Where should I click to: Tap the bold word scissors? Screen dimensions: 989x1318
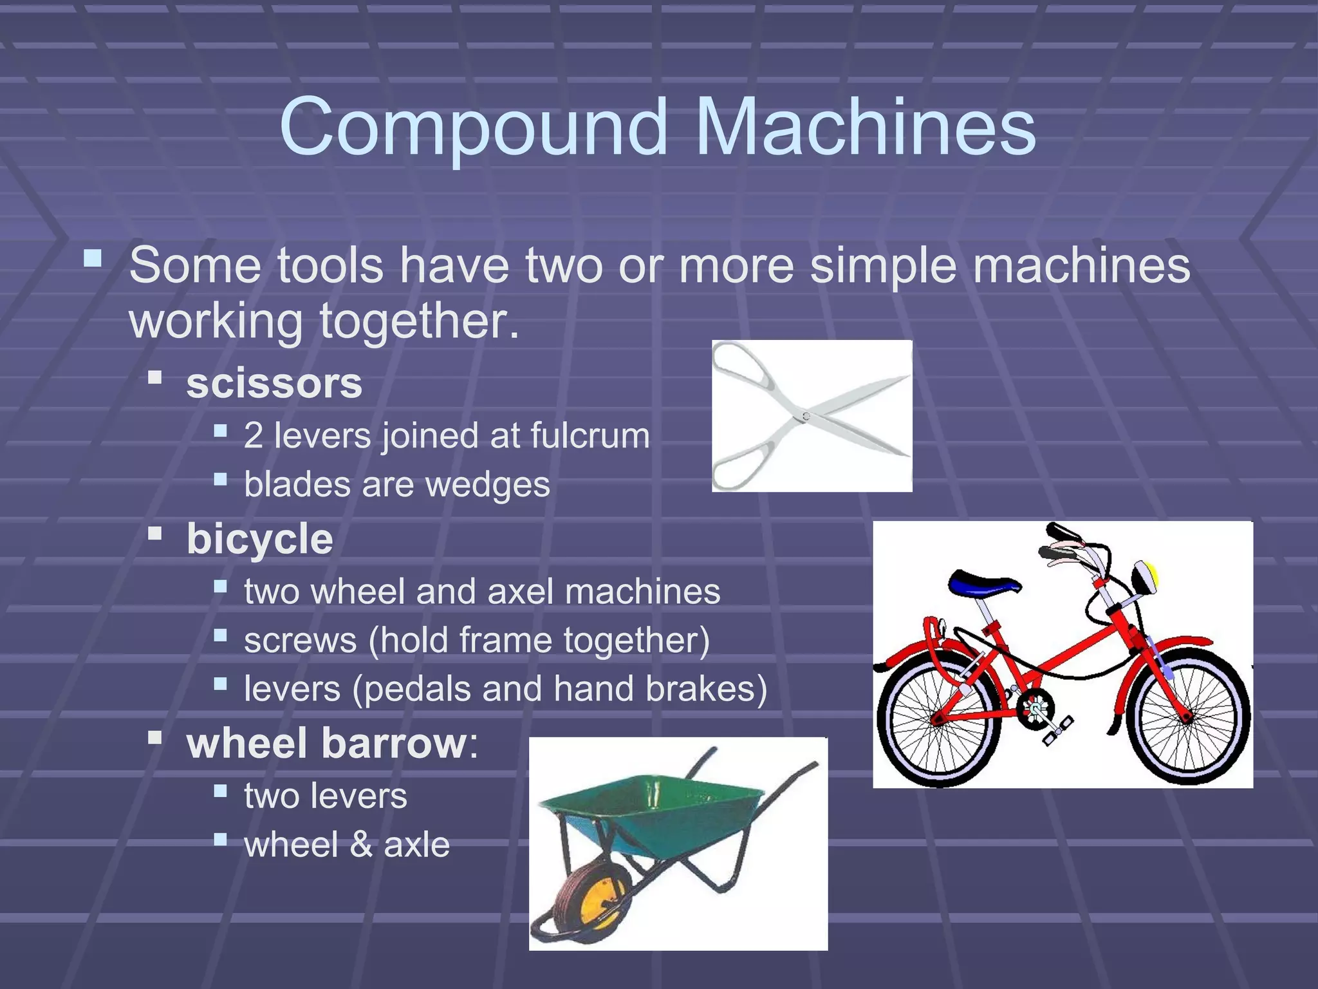click(274, 384)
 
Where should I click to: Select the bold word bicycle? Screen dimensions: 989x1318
click(259, 540)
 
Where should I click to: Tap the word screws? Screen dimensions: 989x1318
click(300, 641)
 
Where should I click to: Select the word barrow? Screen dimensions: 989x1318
click(394, 744)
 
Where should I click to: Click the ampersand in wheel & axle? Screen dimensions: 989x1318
click(362, 845)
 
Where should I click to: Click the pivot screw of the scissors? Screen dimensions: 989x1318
click(806, 417)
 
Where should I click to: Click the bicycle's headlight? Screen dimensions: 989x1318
click(1145, 577)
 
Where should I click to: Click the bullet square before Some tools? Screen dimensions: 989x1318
click(93, 259)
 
